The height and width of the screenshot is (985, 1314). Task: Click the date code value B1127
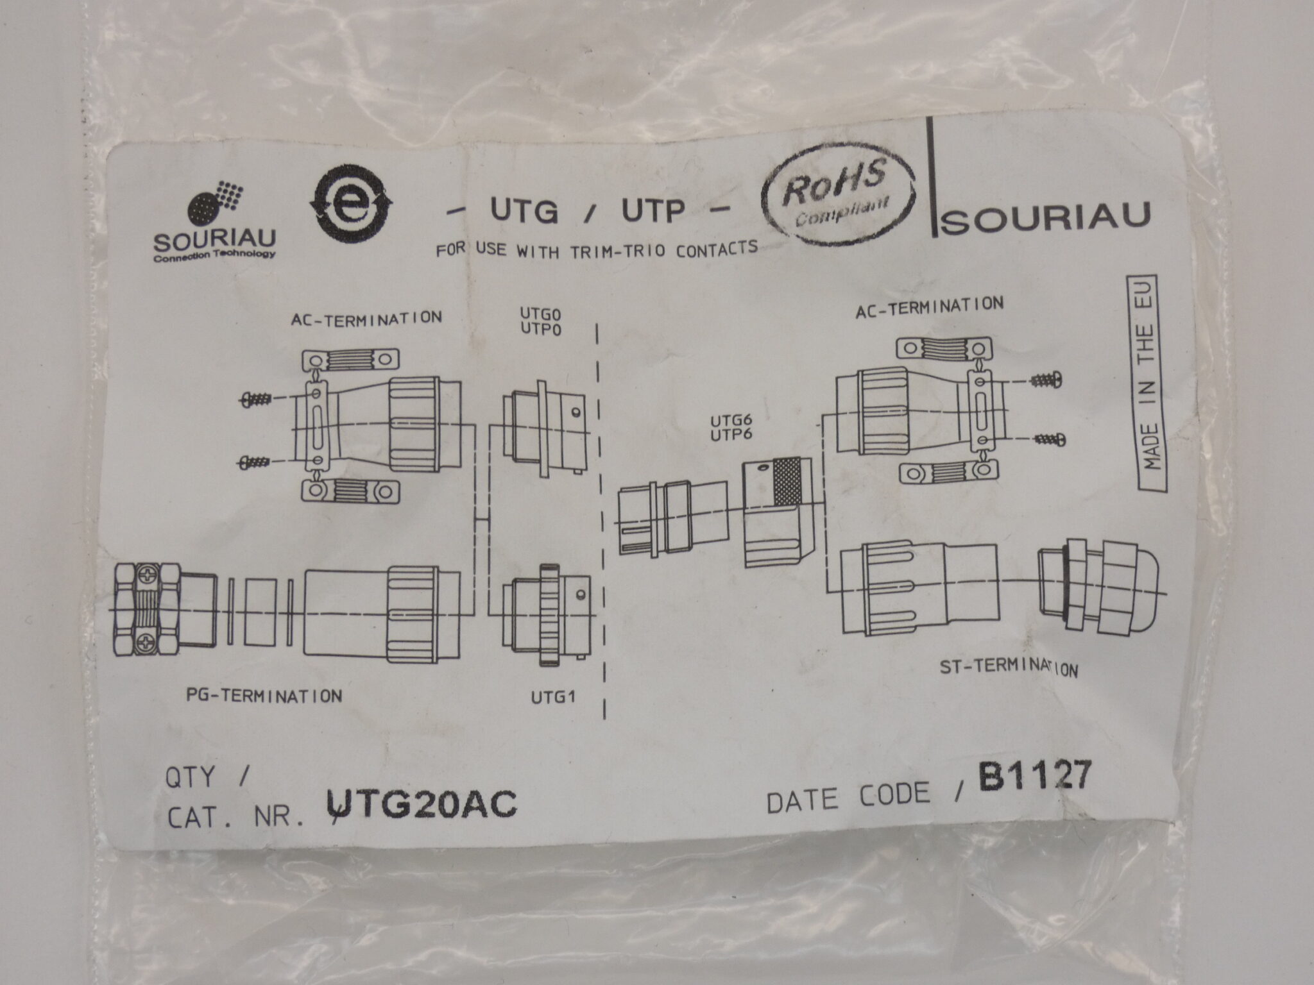click(1034, 779)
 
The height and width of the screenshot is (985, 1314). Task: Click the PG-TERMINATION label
click(264, 696)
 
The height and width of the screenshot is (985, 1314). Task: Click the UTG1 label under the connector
click(552, 698)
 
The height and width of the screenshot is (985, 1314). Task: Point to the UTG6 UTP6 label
click(731, 428)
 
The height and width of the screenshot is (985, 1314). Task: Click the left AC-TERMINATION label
click(366, 318)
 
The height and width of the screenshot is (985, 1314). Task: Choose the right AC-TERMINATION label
click(930, 307)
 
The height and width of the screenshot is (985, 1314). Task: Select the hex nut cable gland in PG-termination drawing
click(146, 609)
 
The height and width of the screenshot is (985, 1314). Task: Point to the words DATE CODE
click(848, 796)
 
